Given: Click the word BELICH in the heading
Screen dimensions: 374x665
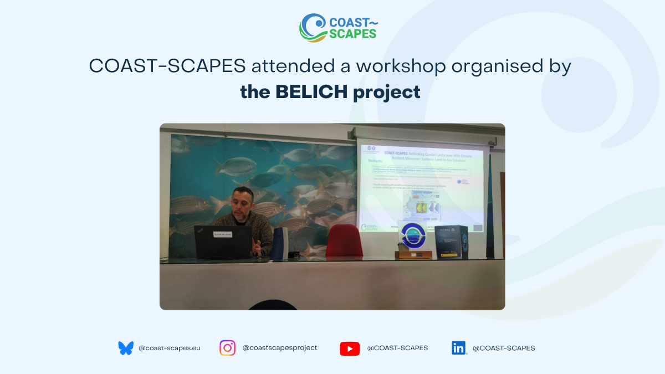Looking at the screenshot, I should click(x=313, y=92).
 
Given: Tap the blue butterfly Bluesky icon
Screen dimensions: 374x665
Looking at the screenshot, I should click(x=126, y=348).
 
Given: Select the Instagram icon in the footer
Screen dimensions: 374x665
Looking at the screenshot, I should click(x=227, y=348).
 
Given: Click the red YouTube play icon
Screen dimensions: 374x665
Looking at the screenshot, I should click(x=349, y=349).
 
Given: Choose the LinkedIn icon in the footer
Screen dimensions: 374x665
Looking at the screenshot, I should click(x=459, y=348).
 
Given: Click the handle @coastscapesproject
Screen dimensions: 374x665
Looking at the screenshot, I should click(x=280, y=348).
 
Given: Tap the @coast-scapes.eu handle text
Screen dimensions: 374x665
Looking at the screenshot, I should click(x=169, y=349).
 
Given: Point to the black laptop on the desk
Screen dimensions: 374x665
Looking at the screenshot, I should click(x=223, y=242).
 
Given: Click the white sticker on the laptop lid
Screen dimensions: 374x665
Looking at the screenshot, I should click(x=223, y=234).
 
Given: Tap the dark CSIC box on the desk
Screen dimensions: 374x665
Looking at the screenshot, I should click(x=451, y=242).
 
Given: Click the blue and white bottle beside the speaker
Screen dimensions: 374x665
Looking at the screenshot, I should click(x=279, y=243).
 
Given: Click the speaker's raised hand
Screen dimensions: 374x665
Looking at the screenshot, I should click(x=256, y=245).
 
